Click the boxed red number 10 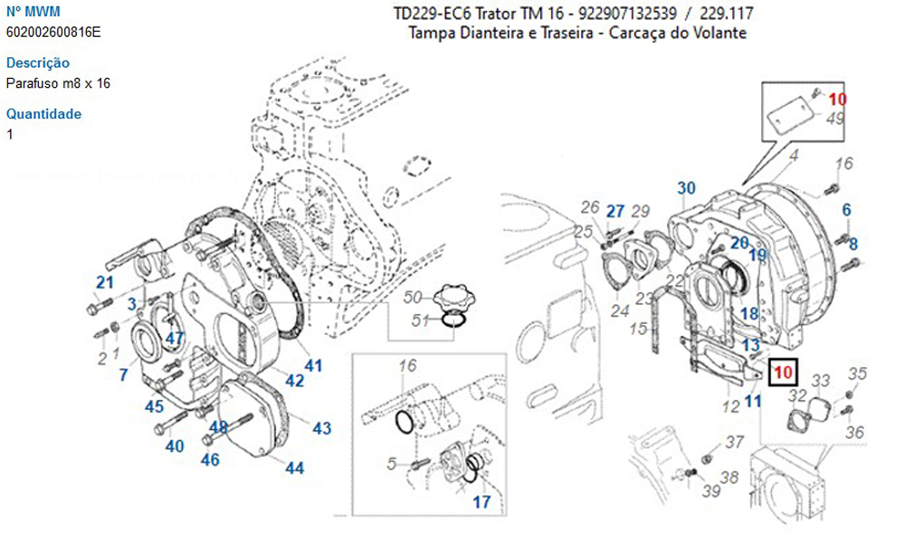pos(782,371)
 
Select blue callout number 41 pos(313,366)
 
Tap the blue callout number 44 pos(294,468)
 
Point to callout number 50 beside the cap pos(413,297)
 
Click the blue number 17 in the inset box pos(482,500)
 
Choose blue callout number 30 pos(687,188)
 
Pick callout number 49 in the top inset pos(835,119)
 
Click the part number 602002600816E pos(53,33)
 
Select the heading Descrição pos(37,63)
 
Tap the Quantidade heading pos(43,114)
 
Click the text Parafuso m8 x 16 pos(58,83)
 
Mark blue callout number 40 pos(174,445)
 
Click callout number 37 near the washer pos(734,442)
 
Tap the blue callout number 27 pos(615,212)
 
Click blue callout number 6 pos(846,210)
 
